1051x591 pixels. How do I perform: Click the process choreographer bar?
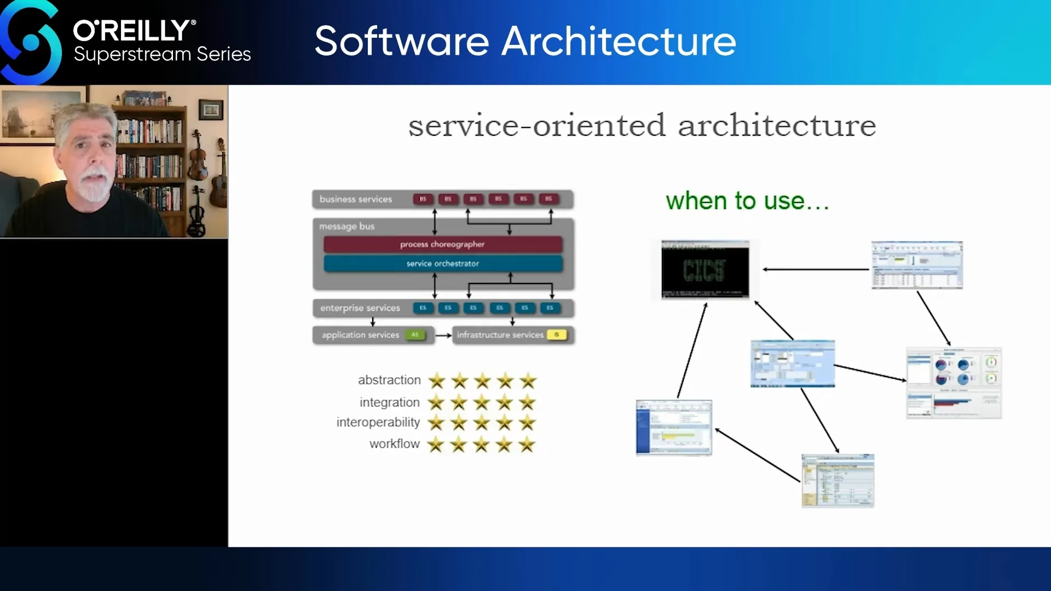pyautogui.click(x=442, y=244)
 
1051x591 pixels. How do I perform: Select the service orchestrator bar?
pyautogui.click(x=442, y=263)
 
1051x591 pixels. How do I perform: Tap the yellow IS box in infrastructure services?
pyautogui.click(x=556, y=334)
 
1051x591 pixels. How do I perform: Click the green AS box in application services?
pyautogui.click(x=415, y=334)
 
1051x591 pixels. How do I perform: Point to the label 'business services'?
pyautogui.click(x=356, y=199)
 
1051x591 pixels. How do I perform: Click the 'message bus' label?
pyautogui.click(x=347, y=226)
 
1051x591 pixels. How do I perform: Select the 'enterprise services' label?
pyautogui.click(x=360, y=308)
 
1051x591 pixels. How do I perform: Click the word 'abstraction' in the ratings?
pyautogui.click(x=389, y=380)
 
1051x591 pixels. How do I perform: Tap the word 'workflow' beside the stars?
pyautogui.click(x=394, y=443)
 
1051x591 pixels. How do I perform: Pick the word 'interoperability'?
pyautogui.click(x=378, y=422)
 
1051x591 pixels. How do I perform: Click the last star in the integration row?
pyautogui.click(x=527, y=403)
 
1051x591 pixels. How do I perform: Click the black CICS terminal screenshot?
pyautogui.click(x=704, y=270)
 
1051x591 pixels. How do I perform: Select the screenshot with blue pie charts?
pyautogui.click(x=954, y=383)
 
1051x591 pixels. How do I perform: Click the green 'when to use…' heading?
pyautogui.click(x=747, y=201)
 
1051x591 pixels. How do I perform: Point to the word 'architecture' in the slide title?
pyautogui.click(x=777, y=126)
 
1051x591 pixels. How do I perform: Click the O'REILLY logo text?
pyautogui.click(x=134, y=31)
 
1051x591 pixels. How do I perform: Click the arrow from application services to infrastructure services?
pyautogui.click(x=443, y=335)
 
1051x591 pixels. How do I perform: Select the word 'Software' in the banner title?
pyautogui.click(x=402, y=42)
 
